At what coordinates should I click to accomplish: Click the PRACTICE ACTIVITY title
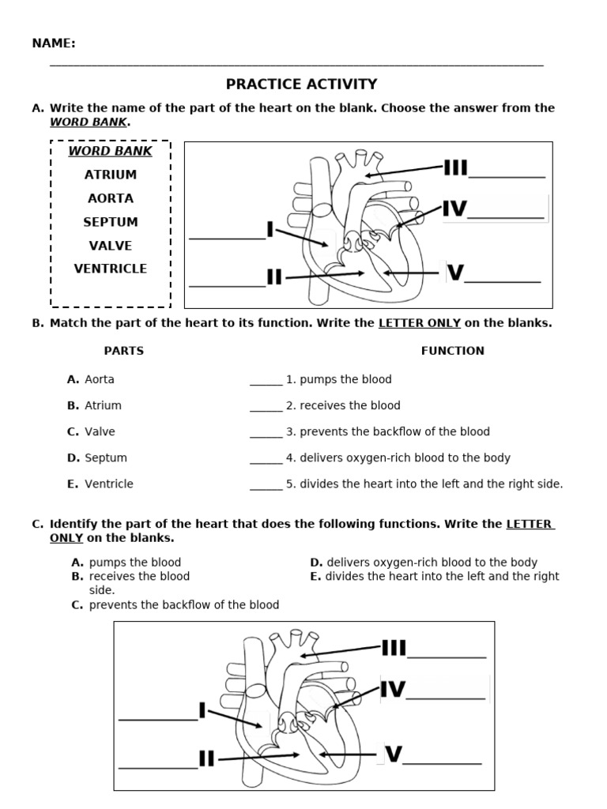[301, 85]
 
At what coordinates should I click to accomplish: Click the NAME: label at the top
[54, 43]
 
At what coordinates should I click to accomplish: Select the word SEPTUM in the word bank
[111, 222]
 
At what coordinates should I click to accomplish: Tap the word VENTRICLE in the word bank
[111, 269]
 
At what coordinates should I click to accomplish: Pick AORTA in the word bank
[111, 198]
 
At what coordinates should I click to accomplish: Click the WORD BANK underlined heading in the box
[111, 151]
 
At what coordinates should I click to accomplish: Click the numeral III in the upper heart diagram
[455, 168]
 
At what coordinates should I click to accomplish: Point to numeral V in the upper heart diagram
[455, 273]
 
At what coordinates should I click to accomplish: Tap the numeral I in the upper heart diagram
[270, 230]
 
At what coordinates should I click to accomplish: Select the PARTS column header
[124, 351]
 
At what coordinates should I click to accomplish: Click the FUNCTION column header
[453, 351]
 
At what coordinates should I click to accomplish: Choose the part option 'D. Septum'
[97, 457]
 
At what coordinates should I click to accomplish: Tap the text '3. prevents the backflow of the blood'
[388, 431]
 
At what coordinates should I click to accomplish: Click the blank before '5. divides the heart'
[266, 487]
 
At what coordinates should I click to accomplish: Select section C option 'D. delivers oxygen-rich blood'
[424, 563]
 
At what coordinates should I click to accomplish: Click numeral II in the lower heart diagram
[206, 760]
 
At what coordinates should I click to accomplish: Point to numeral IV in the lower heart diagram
[393, 690]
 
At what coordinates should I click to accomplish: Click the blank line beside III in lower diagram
[447, 657]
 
